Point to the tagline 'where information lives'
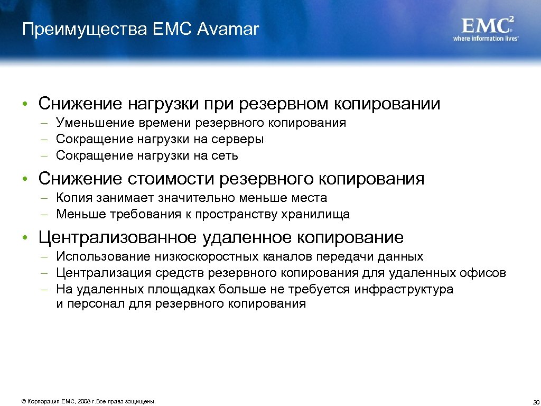tap(486, 39)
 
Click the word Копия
tap(74, 198)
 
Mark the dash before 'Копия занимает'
tap(46, 198)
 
